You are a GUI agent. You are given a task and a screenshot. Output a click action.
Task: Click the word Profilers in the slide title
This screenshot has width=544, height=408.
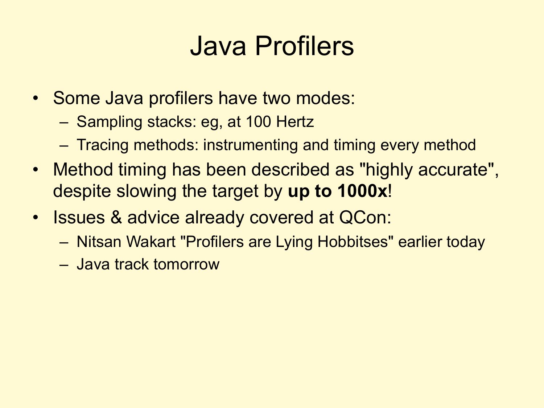(x=304, y=46)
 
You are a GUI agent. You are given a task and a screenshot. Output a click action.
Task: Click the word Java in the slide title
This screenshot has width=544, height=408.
(x=218, y=46)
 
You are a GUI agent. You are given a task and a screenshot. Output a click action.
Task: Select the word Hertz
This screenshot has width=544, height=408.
(x=295, y=121)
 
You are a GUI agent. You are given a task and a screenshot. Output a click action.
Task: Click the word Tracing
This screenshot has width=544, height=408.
(x=102, y=145)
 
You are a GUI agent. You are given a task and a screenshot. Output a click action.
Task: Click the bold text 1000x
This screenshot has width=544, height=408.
(x=362, y=191)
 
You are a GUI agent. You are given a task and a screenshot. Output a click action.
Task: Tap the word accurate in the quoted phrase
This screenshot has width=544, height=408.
(x=453, y=170)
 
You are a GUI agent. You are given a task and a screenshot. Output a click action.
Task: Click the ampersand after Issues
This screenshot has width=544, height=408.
(x=116, y=217)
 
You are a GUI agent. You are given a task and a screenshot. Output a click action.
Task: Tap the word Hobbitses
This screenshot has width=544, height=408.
(x=353, y=242)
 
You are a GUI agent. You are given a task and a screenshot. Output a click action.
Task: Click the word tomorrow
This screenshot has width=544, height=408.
(x=186, y=264)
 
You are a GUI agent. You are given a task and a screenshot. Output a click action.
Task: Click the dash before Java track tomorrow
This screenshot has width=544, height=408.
(x=64, y=265)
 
